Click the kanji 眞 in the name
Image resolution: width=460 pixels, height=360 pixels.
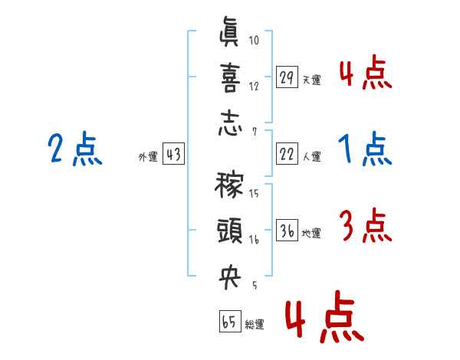tap(229, 31)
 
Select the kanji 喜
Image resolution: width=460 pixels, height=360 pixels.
tap(230, 77)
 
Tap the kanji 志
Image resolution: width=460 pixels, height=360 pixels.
tap(230, 123)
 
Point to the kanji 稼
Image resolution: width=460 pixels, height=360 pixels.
tap(229, 185)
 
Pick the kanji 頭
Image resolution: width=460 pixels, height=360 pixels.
tap(230, 231)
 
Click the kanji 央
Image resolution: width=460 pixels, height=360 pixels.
tap(230, 277)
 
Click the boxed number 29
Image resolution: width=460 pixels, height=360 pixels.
tap(287, 77)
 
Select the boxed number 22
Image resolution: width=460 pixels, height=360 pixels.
tap(287, 154)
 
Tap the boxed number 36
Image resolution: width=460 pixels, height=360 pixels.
tap(287, 230)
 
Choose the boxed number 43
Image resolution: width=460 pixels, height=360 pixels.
tap(174, 154)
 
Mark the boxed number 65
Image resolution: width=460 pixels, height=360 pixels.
tap(230, 321)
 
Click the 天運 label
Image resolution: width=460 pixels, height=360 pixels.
tap(312, 80)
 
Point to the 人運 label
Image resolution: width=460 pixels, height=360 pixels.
tap(312, 156)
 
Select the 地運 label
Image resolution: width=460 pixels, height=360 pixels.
tap(311, 234)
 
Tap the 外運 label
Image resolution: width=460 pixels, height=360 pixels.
tap(148, 156)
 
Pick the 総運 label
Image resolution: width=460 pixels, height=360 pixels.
tap(255, 325)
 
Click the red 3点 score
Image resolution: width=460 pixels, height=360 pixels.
tap(366, 225)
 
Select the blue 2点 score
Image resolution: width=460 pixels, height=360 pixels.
tap(75, 149)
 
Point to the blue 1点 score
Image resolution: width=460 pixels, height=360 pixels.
tap(365, 149)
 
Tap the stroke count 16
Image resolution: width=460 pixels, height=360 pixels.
tap(254, 240)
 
